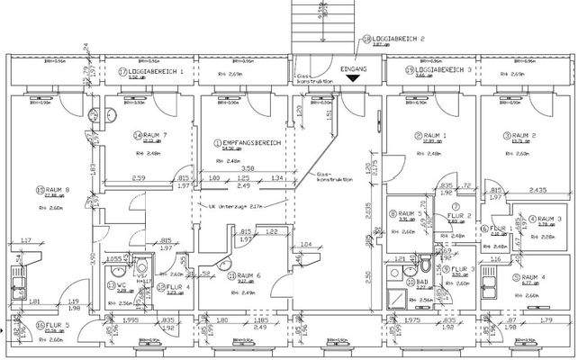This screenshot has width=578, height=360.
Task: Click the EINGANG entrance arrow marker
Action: click(352, 79)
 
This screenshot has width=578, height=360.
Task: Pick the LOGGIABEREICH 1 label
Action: click(155, 69)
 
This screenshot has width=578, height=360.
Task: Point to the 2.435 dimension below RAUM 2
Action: click(537, 190)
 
